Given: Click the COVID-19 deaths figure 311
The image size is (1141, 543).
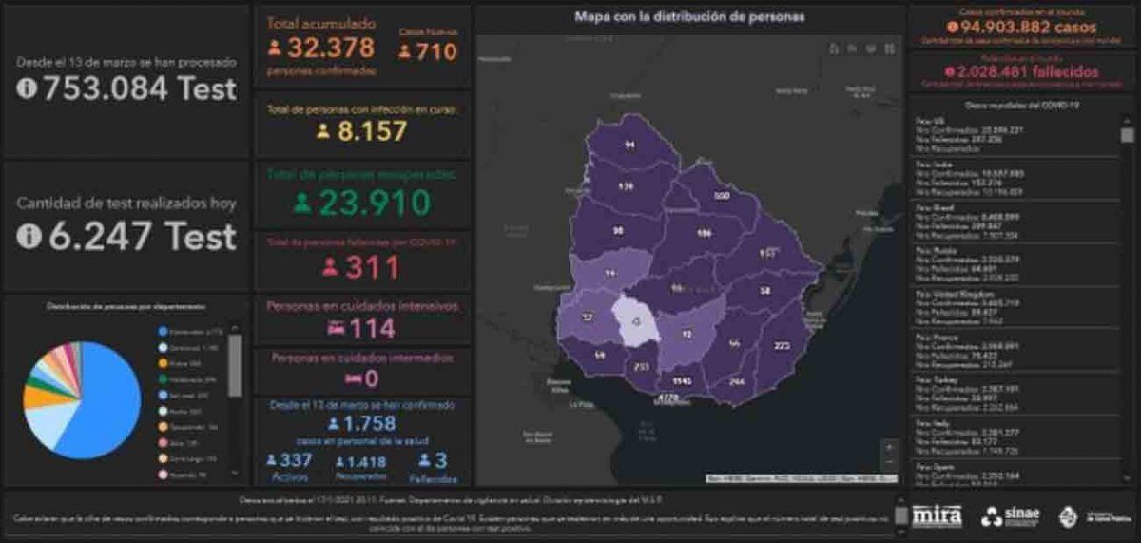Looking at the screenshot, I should pos(372,268).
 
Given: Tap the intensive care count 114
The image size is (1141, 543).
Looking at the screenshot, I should pos(372,329).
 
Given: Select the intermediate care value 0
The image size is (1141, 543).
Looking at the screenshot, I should pos(372,379).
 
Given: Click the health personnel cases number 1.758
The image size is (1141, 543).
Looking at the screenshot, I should pos(372,423).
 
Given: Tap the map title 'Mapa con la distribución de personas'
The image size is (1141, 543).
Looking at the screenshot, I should pos(689,16).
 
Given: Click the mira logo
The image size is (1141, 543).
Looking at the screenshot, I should pos(937,515).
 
